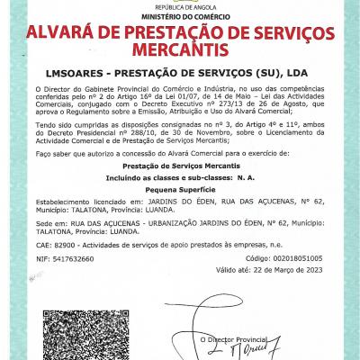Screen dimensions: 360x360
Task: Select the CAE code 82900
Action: [x=65, y=244]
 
